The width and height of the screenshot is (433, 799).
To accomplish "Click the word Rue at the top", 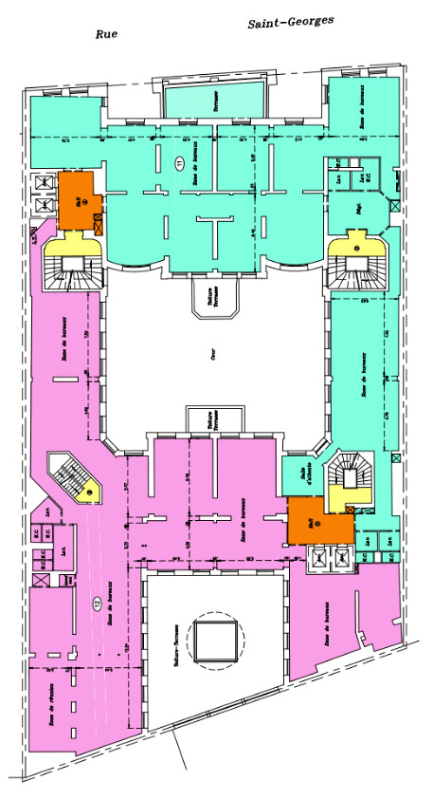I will [x=105, y=35].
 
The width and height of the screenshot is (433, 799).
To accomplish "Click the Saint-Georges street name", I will [x=291, y=23].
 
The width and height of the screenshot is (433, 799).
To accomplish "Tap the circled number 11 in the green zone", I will [x=178, y=163].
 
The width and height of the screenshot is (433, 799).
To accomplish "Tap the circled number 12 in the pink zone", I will [x=97, y=602].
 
